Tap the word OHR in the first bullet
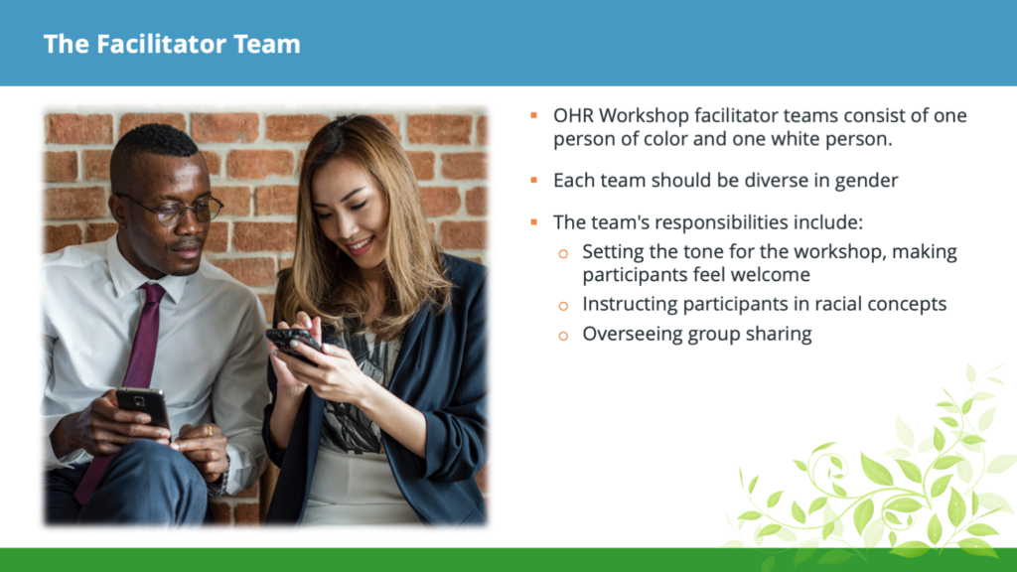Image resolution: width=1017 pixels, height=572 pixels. [573, 115]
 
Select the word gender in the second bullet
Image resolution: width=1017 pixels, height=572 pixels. [866, 181]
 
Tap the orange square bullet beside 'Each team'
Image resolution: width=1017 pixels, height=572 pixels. [533, 180]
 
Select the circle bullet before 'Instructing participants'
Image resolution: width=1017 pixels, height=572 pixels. [563, 306]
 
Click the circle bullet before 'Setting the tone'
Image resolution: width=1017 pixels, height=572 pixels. [563, 253]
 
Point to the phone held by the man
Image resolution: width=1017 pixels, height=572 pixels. [143, 406]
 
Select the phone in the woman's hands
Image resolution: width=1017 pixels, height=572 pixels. [293, 343]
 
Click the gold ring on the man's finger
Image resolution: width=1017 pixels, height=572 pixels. [210, 430]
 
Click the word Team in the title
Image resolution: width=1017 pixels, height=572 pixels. [266, 44]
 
